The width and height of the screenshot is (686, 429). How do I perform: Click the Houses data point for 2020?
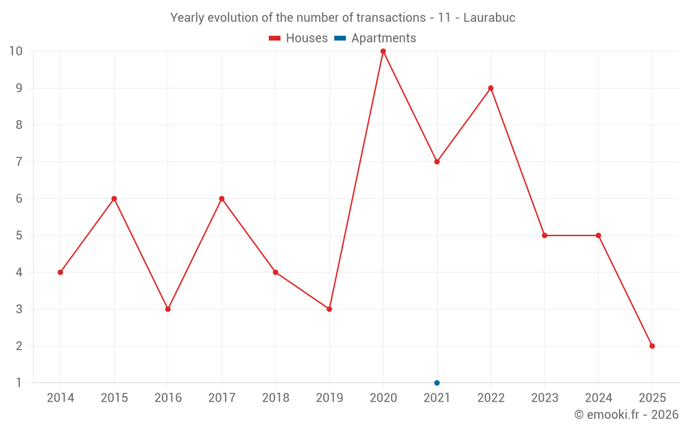click(x=383, y=51)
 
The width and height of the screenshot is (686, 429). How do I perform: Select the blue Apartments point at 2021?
click(x=437, y=383)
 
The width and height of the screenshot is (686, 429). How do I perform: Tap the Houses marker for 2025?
click(x=652, y=346)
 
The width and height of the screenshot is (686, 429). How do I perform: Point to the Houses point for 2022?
click(x=490, y=88)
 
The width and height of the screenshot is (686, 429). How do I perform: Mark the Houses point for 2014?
click(x=60, y=273)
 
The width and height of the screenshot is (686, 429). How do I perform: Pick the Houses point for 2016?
click(x=168, y=309)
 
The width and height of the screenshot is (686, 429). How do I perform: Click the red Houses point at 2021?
click(x=437, y=162)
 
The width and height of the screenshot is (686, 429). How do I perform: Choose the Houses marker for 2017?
click(x=222, y=198)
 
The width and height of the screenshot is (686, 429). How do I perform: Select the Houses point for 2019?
click(x=329, y=309)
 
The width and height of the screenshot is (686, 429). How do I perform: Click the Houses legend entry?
click(x=298, y=38)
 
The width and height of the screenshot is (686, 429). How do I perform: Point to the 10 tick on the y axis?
click(x=16, y=51)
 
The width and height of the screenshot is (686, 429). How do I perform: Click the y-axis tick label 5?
click(x=19, y=235)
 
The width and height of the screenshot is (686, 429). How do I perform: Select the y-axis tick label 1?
click(x=19, y=383)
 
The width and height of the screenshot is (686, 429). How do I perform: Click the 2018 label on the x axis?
click(x=275, y=398)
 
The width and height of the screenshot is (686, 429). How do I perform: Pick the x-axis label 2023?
click(x=544, y=398)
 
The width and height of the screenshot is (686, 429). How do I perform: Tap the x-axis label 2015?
click(x=114, y=398)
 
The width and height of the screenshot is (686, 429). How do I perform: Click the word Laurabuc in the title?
click(x=489, y=18)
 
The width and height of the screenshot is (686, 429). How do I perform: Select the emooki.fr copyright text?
click(x=626, y=415)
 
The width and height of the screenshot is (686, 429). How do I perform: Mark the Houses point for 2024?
click(x=598, y=235)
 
